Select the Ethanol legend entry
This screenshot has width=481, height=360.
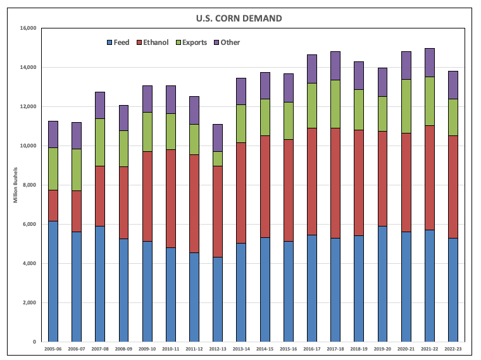tap(156, 42)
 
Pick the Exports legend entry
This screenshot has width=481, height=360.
tap(194, 42)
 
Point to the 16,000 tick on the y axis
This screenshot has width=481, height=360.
tap(28, 28)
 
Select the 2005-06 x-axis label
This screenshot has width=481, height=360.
tap(53, 349)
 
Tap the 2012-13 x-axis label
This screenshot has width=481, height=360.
tap(218, 349)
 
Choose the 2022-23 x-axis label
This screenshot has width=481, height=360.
tap(453, 349)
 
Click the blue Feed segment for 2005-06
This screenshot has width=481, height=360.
tap(53, 282)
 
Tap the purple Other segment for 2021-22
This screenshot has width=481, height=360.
tap(430, 63)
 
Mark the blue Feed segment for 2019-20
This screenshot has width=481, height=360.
tap(383, 284)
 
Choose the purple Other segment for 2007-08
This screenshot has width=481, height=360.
tap(100, 105)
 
